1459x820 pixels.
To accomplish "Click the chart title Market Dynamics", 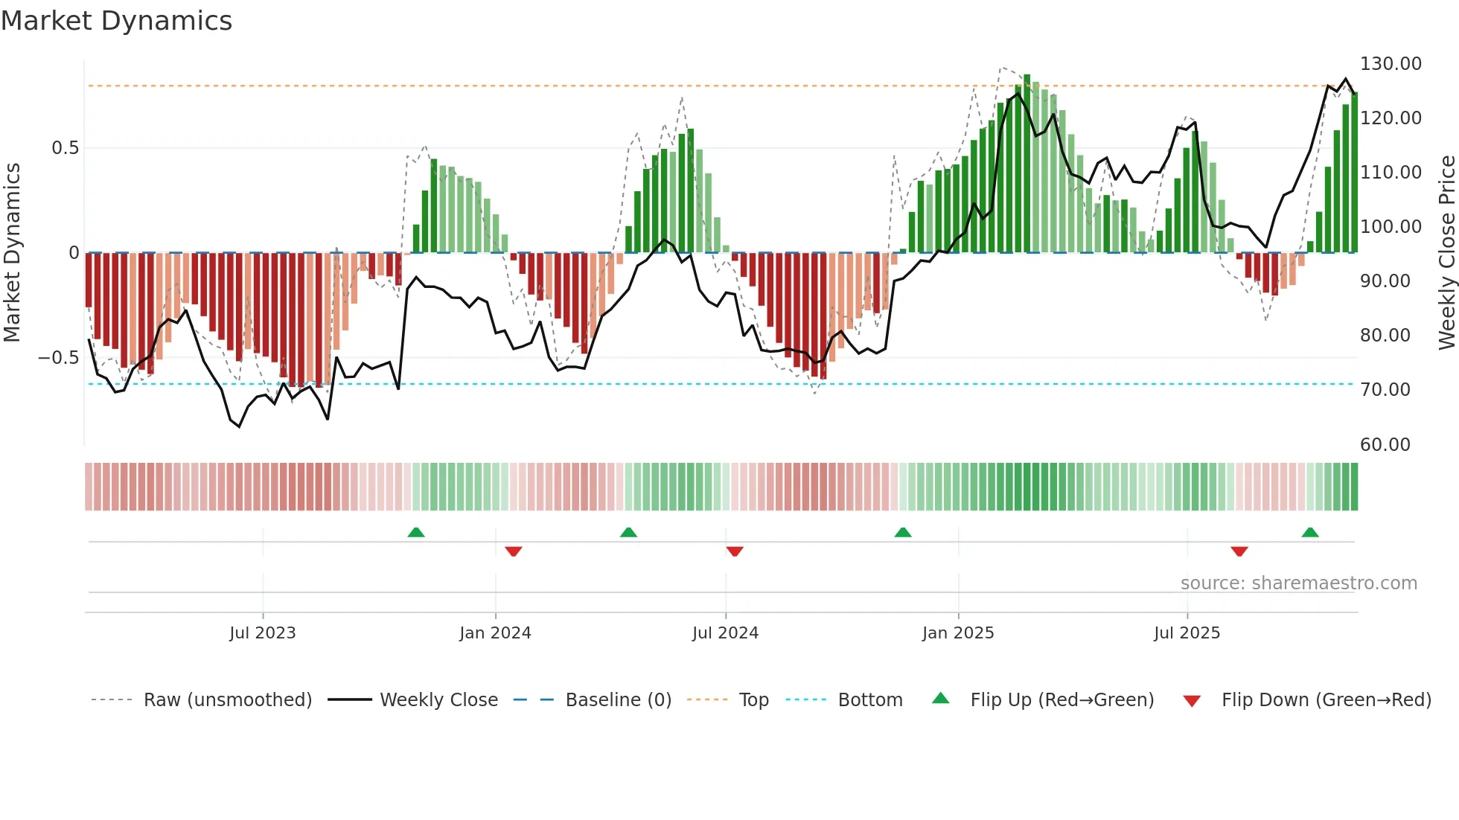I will pos(117,21).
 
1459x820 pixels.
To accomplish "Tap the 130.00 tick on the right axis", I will pos(1391,64).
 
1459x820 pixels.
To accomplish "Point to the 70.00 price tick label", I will pos(1385,390).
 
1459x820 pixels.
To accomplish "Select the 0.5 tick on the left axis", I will pos(65,148).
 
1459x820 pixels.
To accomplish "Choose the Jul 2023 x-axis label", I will pos(262,633).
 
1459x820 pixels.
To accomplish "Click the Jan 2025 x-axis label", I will pos(957,633).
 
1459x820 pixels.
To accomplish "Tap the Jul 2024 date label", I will pos(725,633).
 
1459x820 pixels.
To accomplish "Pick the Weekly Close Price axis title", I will pos(1446,252).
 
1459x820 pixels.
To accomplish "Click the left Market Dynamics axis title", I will pos(13,252).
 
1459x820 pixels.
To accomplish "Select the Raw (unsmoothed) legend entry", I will pos(227,700).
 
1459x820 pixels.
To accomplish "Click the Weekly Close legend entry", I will pos(438,700).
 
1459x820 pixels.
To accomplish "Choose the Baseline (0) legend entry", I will pos(618,700).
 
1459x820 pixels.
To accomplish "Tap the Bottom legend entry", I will pos(869,700).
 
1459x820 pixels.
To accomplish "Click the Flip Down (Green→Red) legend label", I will pos(1326,700).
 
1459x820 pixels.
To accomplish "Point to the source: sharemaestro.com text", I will pos(1298,583).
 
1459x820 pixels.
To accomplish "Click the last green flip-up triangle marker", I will pos(1310,533).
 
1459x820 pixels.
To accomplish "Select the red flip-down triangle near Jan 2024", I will pos(513,551).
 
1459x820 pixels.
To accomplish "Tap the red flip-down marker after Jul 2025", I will pos(1239,551).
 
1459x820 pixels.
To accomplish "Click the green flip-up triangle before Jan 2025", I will pos(902,533).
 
